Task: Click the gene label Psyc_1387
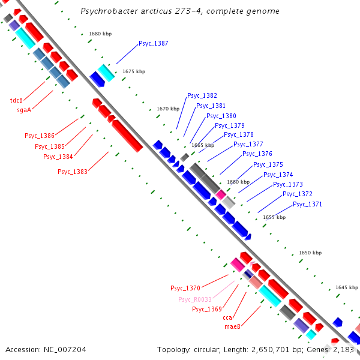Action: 153,43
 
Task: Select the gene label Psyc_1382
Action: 202,95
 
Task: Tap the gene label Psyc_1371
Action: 307,204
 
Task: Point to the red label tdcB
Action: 16,100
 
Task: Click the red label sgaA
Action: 23,110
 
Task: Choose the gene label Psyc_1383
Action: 73,172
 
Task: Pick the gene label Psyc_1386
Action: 40,136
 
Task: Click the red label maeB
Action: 232,326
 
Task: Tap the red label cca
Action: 227,317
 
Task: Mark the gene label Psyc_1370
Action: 185,289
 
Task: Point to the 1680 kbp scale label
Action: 100,34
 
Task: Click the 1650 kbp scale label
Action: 310,253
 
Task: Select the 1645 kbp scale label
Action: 347,287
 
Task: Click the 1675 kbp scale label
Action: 134,71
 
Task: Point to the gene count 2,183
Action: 344,349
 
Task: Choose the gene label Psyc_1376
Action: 257,154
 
